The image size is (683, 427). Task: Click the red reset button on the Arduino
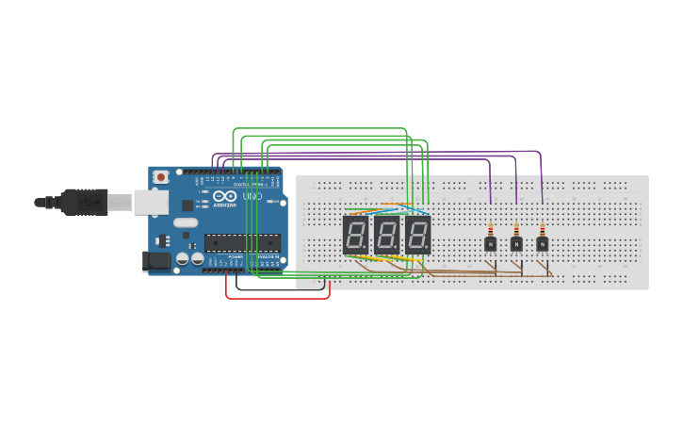pos(161,176)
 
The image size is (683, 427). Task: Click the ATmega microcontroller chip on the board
pos(242,242)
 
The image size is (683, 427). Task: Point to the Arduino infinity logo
pos(224,195)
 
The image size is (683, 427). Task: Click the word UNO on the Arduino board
pos(252,197)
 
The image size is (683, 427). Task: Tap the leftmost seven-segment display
pos(356,235)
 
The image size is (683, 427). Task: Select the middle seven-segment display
pos(387,235)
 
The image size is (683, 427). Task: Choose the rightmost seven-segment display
pos(418,235)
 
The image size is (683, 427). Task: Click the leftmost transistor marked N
pos(490,244)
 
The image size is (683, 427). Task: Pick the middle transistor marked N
pos(516,244)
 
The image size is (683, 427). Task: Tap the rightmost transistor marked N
pos(542,244)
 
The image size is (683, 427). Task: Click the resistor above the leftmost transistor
pos(490,229)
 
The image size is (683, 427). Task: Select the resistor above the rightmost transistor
pos(542,229)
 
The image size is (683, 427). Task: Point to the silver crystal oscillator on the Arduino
pos(186,223)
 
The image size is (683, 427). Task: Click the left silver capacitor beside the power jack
pos(181,258)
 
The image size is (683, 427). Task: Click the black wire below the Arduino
pos(283,288)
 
